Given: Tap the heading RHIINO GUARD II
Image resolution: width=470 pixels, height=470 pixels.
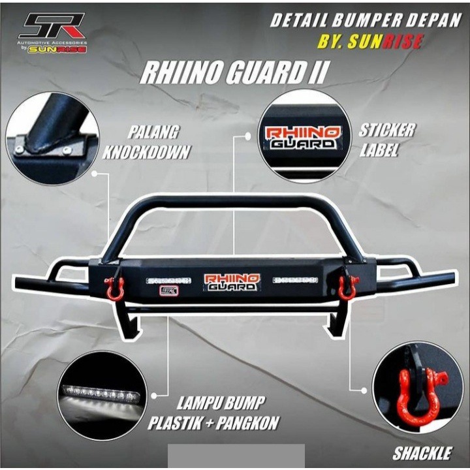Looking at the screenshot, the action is coord(234,72).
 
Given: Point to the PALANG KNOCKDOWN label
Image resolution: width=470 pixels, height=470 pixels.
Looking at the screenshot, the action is coord(146,142).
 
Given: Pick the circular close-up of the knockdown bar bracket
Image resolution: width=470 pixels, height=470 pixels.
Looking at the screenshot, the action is coord(52,138).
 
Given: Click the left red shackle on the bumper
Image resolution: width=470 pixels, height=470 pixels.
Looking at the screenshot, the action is coord(116,288).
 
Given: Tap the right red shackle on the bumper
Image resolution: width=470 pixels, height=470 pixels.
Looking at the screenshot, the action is coord(347,287).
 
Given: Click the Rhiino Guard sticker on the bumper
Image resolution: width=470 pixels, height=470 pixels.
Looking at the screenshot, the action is coord(232,282).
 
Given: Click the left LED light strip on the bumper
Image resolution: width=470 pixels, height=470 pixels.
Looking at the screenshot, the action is coord(168,280).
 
